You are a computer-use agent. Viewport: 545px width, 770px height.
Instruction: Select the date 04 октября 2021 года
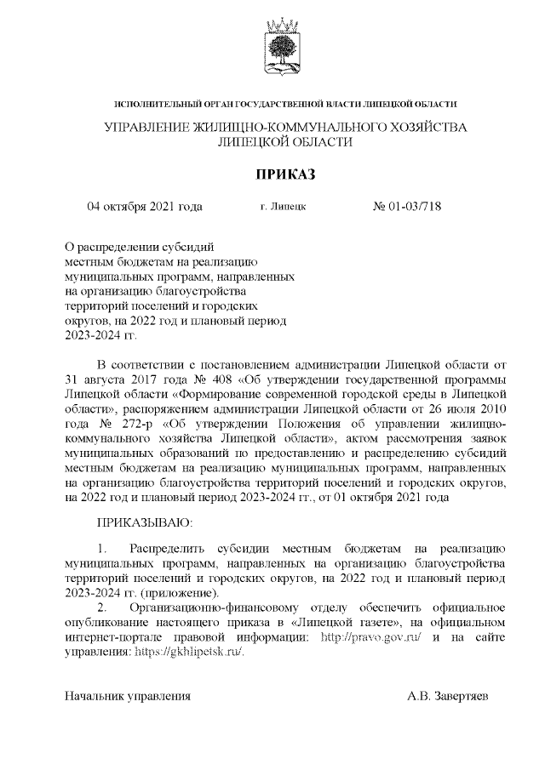pyautogui.click(x=145, y=206)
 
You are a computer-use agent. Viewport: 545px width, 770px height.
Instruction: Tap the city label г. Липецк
pyautogui.click(x=284, y=207)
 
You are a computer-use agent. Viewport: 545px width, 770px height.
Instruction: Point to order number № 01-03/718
pyautogui.click(x=408, y=206)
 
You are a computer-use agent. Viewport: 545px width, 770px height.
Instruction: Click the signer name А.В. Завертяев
pyautogui.click(x=448, y=696)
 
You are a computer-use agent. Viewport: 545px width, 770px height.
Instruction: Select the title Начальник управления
pyautogui.click(x=128, y=696)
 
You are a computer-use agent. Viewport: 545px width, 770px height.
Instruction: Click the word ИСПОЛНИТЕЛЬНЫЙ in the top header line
pyautogui.click(x=158, y=104)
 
